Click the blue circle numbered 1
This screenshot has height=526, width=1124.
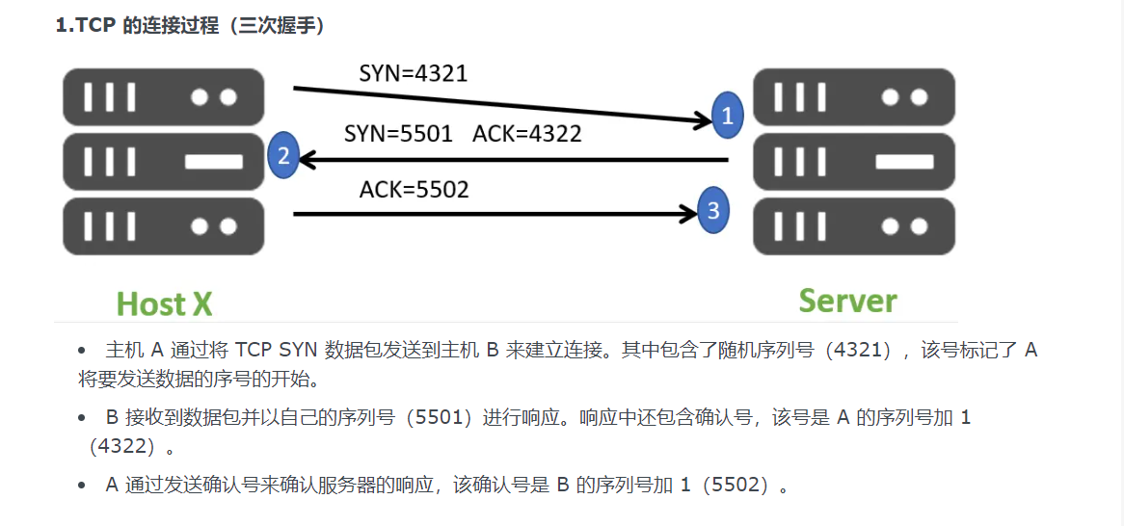[x=728, y=115]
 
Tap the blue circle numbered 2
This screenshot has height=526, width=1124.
[x=282, y=155]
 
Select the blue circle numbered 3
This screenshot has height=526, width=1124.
[x=712, y=211]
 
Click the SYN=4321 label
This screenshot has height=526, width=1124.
[x=413, y=73]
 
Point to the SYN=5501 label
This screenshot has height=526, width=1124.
[x=398, y=134]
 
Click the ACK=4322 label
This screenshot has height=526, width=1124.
[x=527, y=134]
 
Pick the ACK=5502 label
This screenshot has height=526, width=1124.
[x=414, y=190]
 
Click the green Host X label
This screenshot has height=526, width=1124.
[x=164, y=304]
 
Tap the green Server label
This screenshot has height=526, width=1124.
[x=848, y=301]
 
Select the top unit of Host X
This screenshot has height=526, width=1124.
[x=163, y=97]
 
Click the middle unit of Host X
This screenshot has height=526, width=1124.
[x=163, y=161]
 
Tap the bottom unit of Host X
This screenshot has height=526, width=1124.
[x=163, y=225]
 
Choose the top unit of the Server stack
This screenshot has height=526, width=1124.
[x=853, y=97]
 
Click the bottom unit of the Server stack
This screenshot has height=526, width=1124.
[x=853, y=225]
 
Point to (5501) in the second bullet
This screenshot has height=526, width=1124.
[x=441, y=418]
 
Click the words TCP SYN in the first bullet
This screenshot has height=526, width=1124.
[x=280, y=350]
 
